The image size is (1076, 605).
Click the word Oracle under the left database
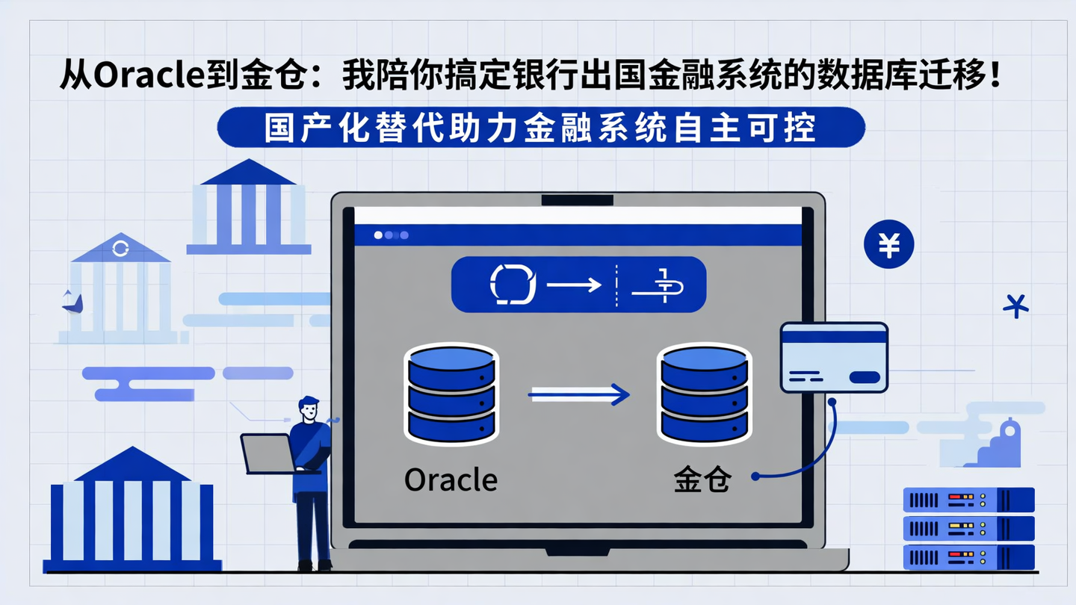coord(451,480)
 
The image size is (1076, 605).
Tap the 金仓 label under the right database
coord(702,480)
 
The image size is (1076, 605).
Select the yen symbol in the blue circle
coord(888,244)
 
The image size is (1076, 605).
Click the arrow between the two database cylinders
coord(579,394)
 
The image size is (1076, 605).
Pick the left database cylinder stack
coord(451,394)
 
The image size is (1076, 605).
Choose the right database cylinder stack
coord(703,394)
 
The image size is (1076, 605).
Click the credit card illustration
coord(834,357)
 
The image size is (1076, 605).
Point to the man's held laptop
coord(268,453)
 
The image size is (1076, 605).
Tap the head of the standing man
coord(308,409)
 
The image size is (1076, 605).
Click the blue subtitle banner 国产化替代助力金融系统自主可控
coord(541,128)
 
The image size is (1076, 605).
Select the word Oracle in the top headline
coord(153,78)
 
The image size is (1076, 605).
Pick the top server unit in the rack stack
coord(968,499)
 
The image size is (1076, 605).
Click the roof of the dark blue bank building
coord(132,465)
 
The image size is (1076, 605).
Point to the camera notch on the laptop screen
coord(577,200)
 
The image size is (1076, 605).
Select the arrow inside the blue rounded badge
coord(574,285)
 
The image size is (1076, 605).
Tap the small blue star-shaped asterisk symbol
coord(1015,305)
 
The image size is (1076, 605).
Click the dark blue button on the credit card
coord(865,377)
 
